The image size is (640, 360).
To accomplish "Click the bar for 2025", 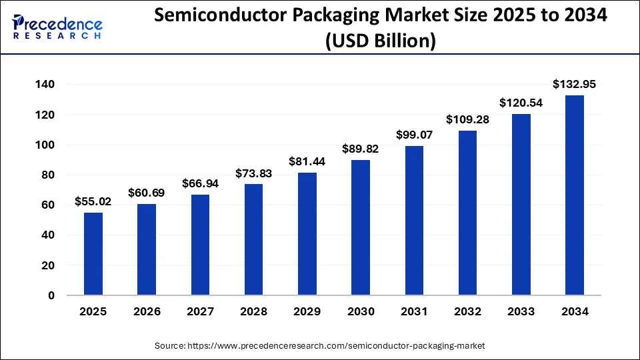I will (x=93, y=254).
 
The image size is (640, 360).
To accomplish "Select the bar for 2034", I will (x=574, y=195).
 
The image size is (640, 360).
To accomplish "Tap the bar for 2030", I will (x=361, y=227).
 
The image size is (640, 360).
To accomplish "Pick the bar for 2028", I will (x=253, y=239).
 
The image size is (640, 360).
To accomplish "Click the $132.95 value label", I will (x=574, y=84).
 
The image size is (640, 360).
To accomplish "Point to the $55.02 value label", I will (x=93, y=201).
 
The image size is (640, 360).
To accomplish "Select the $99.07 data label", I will (x=414, y=135).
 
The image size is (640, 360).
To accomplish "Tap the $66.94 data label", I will (x=200, y=183).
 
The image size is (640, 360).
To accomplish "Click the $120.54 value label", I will (x=521, y=103).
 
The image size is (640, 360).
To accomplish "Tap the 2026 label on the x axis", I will (x=147, y=311).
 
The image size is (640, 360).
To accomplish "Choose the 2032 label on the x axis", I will (x=467, y=311).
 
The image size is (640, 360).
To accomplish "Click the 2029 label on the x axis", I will (x=307, y=311).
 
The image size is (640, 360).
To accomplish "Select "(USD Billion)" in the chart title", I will (x=381, y=41).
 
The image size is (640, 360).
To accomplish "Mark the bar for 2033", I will (x=521, y=205).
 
